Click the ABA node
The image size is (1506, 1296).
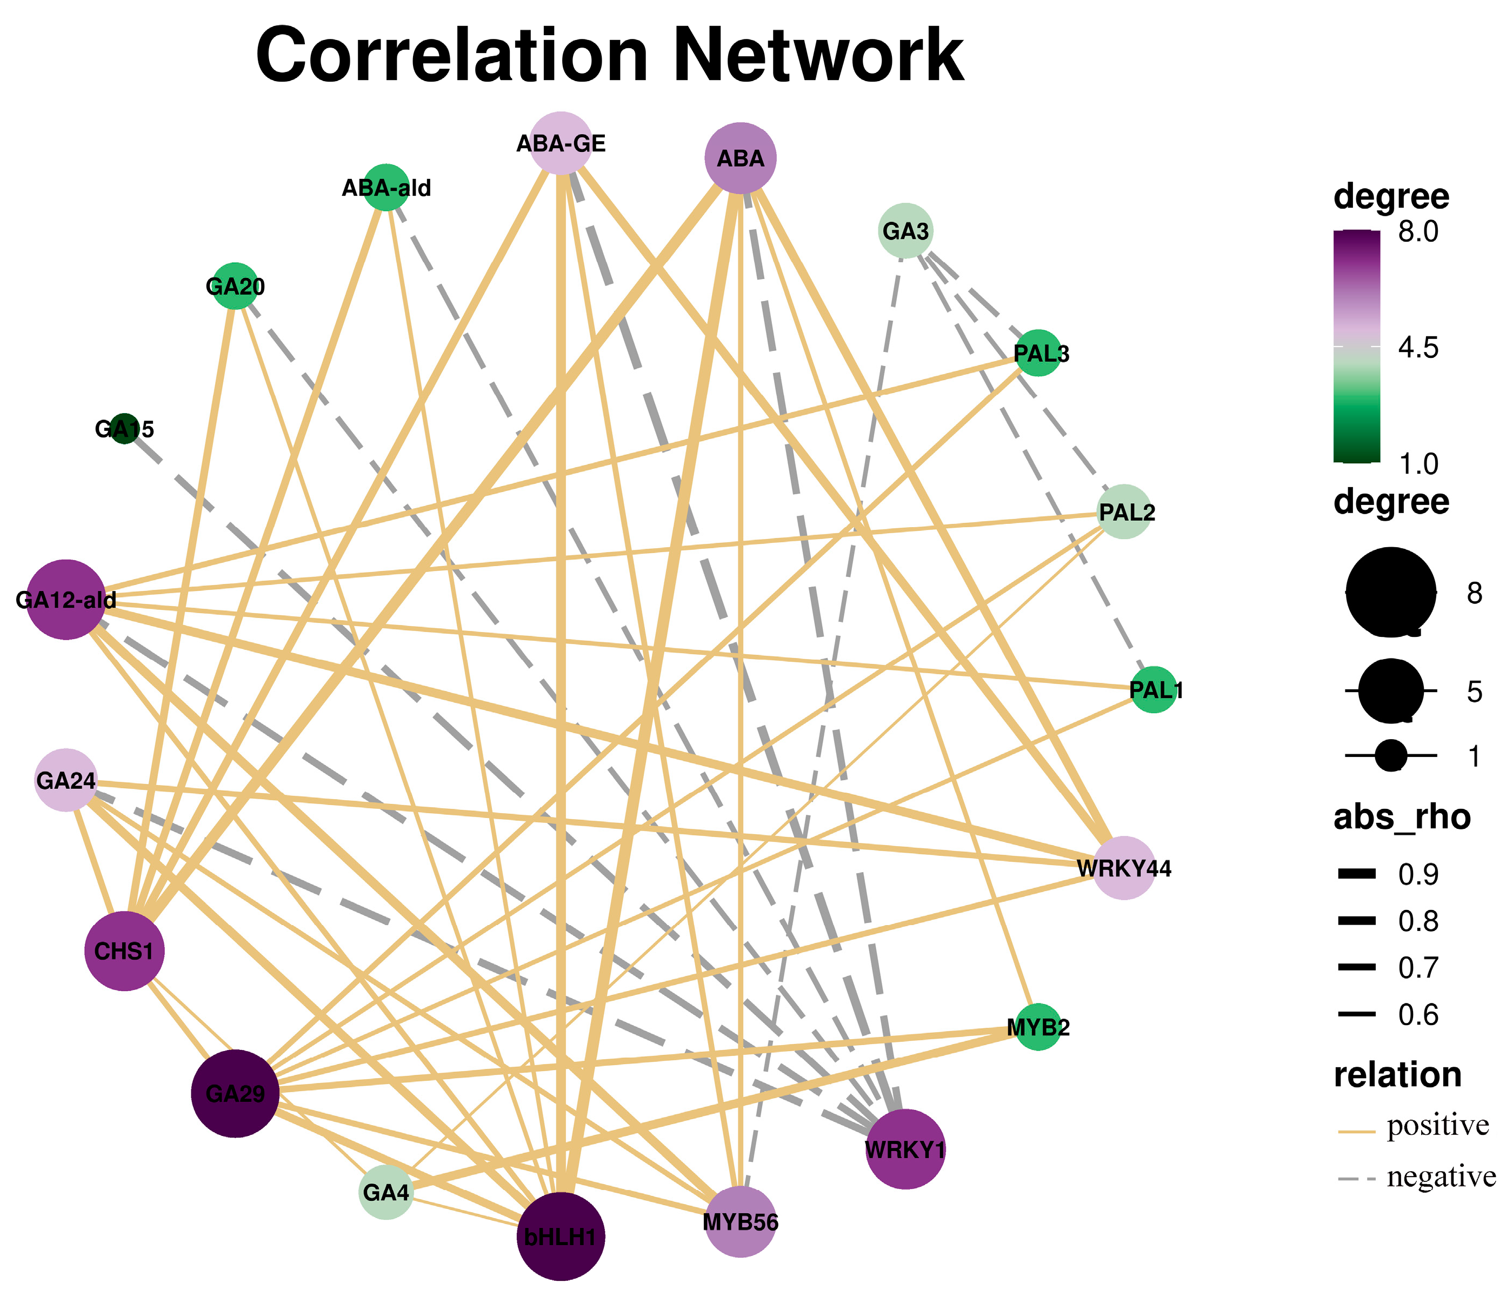741,158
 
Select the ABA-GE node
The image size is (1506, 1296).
561,143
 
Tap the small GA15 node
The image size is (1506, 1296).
125,429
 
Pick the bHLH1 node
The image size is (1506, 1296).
561,1237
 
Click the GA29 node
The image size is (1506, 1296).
235,1093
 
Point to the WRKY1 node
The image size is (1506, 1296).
905,1149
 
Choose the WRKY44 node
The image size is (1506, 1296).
1124,868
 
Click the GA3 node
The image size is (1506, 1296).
905,231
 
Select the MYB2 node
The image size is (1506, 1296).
1038,1028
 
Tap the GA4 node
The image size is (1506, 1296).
386,1192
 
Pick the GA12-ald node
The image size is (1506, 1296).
66,600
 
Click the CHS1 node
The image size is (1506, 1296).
124,951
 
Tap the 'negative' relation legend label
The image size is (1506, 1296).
1441,1177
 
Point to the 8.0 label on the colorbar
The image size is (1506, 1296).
1418,232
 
